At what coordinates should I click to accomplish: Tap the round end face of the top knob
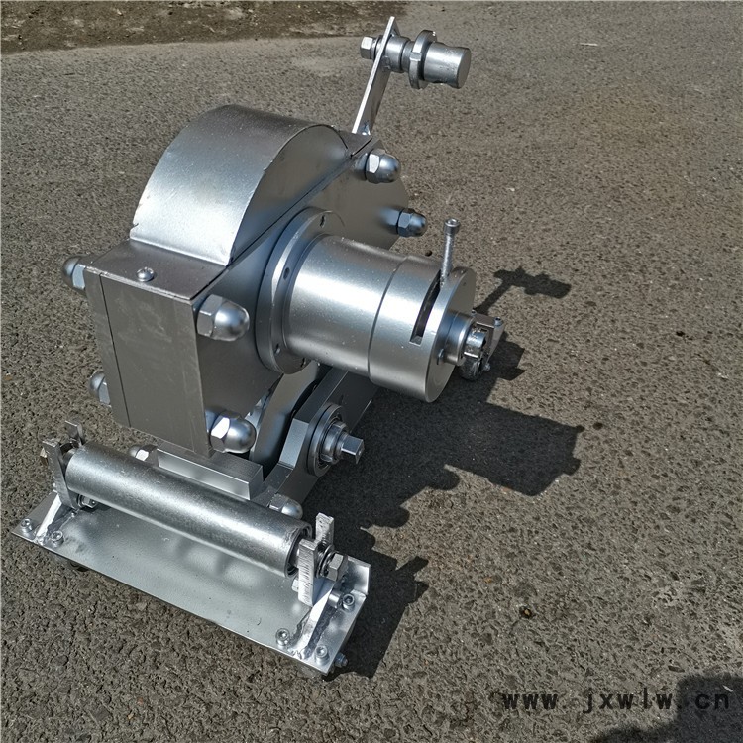(x=453, y=66)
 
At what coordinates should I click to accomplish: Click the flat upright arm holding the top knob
(x=374, y=76)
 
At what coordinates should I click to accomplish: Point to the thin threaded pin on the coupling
(x=448, y=252)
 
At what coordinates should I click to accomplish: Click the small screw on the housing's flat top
(x=145, y=273)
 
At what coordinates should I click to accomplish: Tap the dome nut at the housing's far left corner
(x=73, y=273)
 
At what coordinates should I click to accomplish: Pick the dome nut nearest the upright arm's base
(x=382, y=166)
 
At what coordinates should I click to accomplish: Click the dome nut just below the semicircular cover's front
(x=222, y=318)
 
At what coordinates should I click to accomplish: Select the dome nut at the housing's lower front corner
(x=230, y=431)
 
